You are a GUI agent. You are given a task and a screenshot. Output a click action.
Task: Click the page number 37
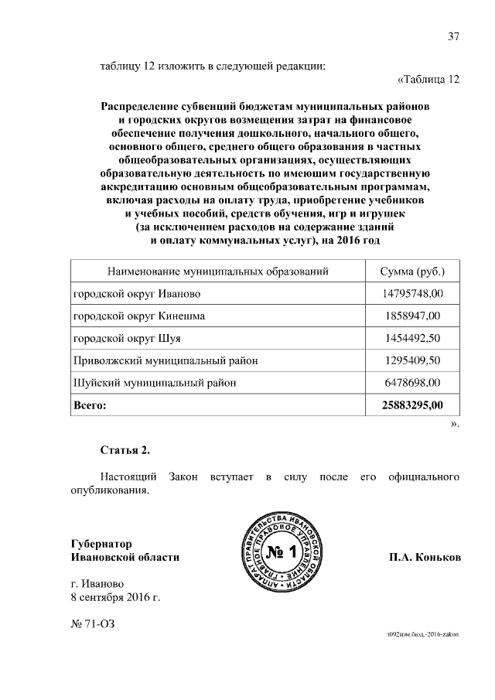pyautogui.click(x=454, y=36)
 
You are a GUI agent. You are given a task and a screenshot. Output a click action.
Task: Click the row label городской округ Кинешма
pyautogui.click(x=139, y=316)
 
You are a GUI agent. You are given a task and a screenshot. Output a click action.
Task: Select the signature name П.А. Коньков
pyautogui.click(x=425, y=557)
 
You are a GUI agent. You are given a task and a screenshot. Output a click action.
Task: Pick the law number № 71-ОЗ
pyautogui.click(x=95, y=623)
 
